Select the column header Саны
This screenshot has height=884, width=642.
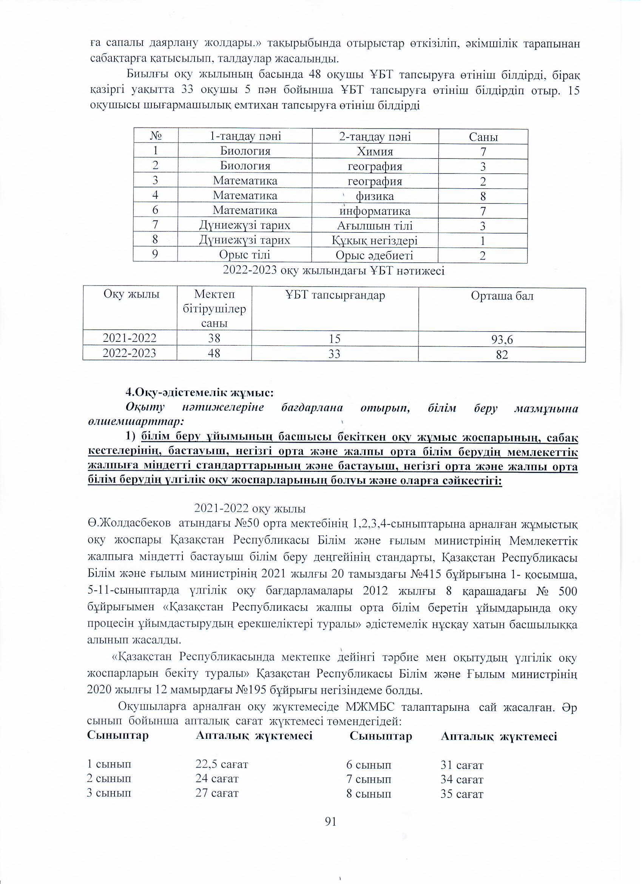point(483,137)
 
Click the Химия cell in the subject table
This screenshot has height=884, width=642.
point(375,152)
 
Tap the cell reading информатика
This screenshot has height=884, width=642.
point(375,211)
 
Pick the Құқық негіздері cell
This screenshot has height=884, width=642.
point(375,241)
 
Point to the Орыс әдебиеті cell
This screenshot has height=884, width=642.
point(375,256)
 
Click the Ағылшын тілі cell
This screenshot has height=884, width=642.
point(375,226)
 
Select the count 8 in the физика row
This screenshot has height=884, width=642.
point(483,196)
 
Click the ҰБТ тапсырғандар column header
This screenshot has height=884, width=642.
point(335,295)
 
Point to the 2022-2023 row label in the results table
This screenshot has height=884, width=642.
point(129,353)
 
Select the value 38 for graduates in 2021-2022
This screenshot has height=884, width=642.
point(214,338)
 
